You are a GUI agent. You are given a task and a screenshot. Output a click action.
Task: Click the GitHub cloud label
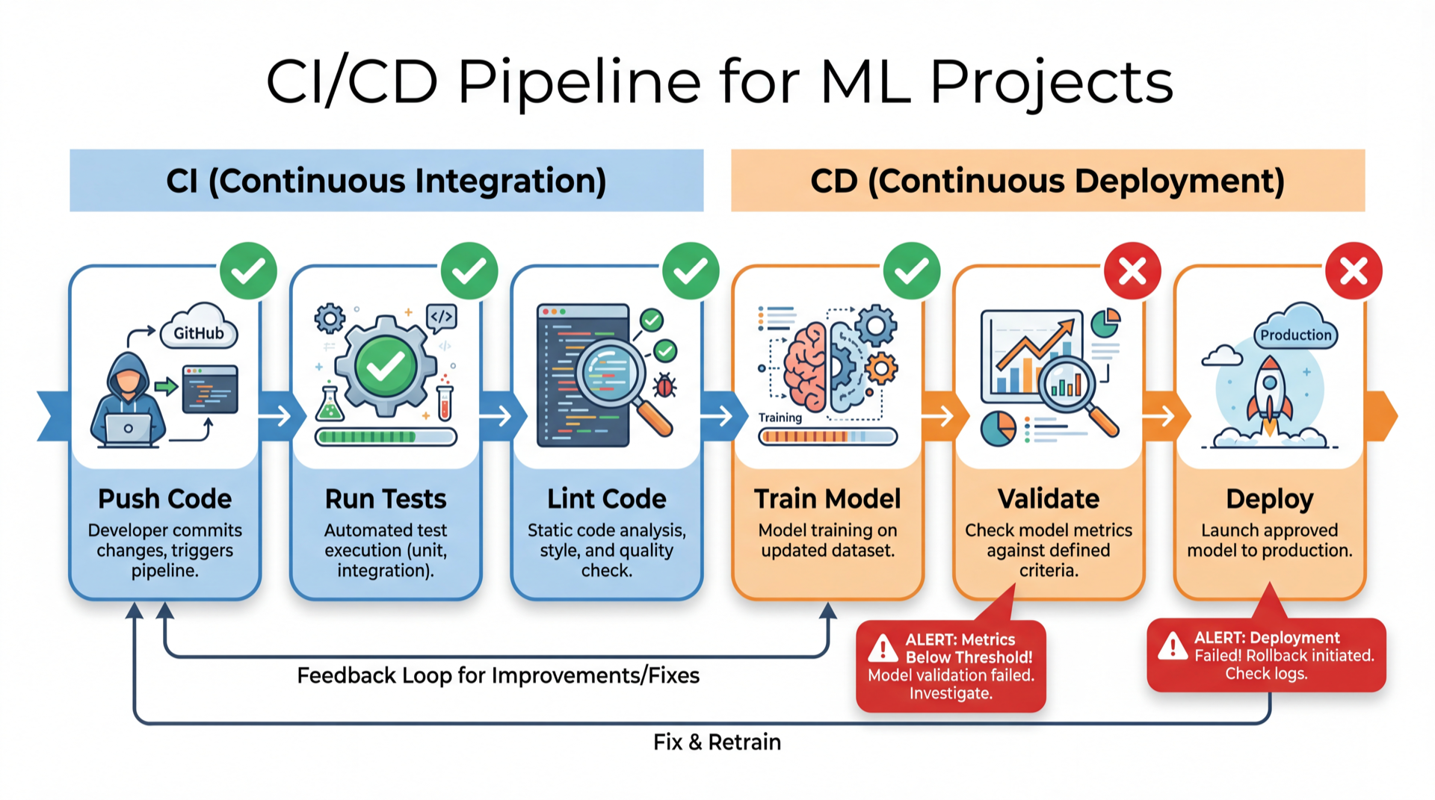(199, 332)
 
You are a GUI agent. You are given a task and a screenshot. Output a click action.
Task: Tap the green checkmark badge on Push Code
(248, 271)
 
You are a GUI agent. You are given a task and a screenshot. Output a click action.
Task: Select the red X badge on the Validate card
(1132, 271)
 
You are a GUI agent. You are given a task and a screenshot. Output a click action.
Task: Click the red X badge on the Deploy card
(1354, 271)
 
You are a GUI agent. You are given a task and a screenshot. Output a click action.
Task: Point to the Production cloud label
(1295, 335)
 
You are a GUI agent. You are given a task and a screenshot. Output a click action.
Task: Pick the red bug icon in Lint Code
(664, 386)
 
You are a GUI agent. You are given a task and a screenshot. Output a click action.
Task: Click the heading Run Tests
(386, 499)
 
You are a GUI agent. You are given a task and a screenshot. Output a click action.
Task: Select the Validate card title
(1049, 499)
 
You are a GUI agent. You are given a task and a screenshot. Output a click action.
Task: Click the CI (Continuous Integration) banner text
(386, 181)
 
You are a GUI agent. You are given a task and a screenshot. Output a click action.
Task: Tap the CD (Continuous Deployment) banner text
(1047, 181)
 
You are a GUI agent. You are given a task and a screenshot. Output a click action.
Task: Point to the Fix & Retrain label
(717, 742)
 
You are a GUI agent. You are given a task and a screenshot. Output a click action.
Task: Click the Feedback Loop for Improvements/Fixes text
(498, 675)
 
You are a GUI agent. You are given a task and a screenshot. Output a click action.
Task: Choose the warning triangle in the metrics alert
(883, 648)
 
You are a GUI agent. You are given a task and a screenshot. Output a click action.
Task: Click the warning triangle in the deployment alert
(1173, 646)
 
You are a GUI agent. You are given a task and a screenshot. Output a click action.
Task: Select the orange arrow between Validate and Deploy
(1161, 416)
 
